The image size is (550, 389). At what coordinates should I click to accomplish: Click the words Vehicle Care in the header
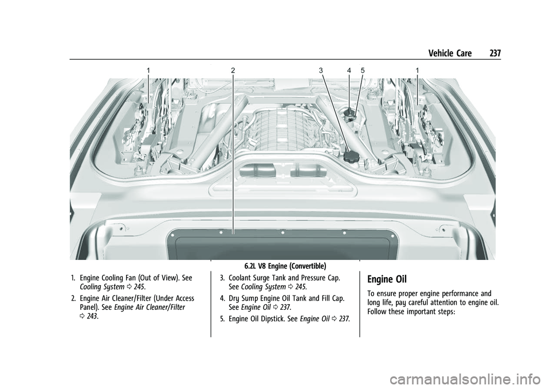[x=450, y=53]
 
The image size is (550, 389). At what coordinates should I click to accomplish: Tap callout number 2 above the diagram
[x=233, y=71]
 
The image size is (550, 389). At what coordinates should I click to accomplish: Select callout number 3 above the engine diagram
[x=321, y=71]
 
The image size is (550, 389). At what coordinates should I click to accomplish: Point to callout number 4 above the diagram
[x=349, y=71]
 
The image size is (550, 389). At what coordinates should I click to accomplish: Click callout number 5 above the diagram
[x=363, y=71]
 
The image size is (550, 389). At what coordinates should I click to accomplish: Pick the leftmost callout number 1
[x=148, y=71]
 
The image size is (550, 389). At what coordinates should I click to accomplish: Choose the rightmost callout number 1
[x=417, y=71]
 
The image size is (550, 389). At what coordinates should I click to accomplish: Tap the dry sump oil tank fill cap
[x=349, y=113]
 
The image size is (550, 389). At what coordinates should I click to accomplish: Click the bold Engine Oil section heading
[x=387, y=279]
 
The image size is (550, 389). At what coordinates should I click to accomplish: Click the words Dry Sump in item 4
[x=242, y=298]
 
